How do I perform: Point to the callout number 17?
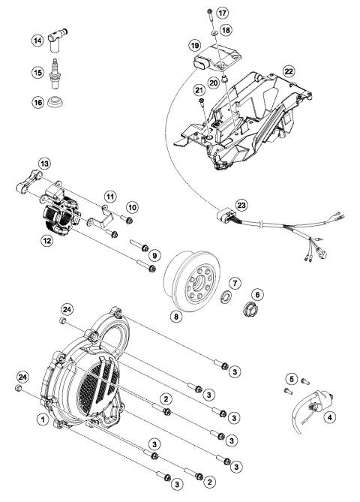(222, 14)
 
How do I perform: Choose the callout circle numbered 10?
(133, 206)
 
